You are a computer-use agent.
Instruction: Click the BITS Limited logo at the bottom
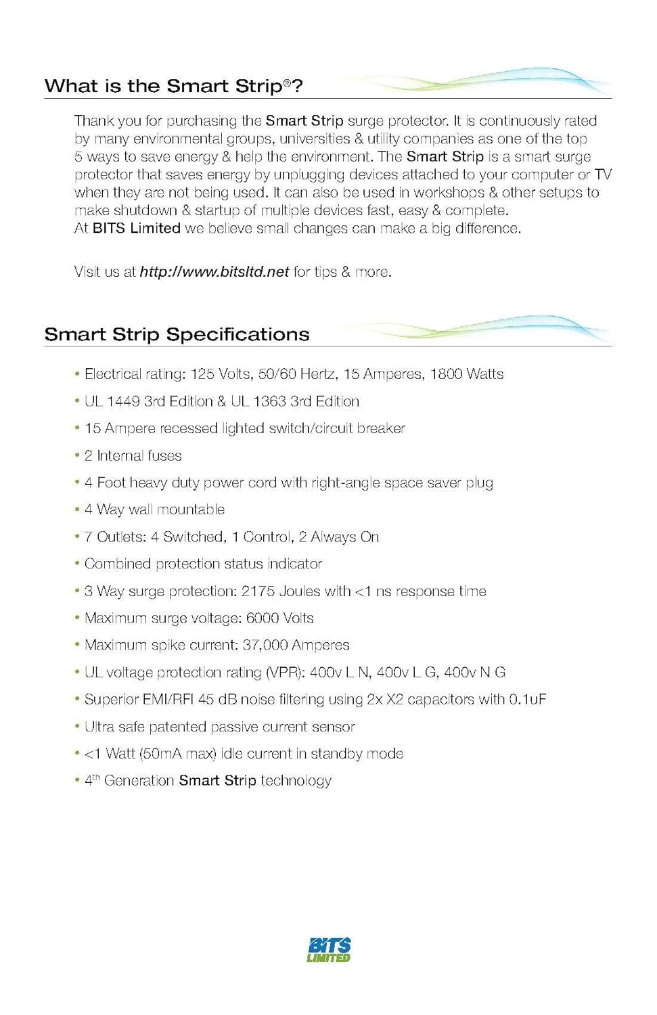tap(329, 949)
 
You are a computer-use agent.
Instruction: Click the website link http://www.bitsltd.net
tap(214, 272)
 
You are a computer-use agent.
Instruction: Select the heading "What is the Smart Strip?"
tap(173, 86)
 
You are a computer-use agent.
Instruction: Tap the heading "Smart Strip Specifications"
tap(177, 334)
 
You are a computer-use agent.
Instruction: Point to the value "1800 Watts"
tap(467, 374)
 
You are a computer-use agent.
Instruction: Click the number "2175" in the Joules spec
tap(258, 591)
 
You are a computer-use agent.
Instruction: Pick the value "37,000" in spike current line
tap(265, 646)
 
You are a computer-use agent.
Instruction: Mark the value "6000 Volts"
tap(279, 618)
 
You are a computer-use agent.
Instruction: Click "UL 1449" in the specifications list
tap(112, 401)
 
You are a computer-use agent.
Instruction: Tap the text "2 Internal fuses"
tap(133, 456)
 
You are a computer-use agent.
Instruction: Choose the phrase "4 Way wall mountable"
tap(154, 510)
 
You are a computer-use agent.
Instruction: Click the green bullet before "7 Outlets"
tap(77, 537)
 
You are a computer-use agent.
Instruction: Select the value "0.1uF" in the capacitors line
tap(527, 700)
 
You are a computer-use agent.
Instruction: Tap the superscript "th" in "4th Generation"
tap(96, 777)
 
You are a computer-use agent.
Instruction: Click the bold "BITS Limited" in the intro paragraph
tap(136, 229)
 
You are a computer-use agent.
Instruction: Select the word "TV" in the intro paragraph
tap(603, 175)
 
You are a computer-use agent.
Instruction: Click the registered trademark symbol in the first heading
tap(287, 83)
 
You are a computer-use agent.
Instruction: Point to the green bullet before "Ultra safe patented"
tap(77, 726)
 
